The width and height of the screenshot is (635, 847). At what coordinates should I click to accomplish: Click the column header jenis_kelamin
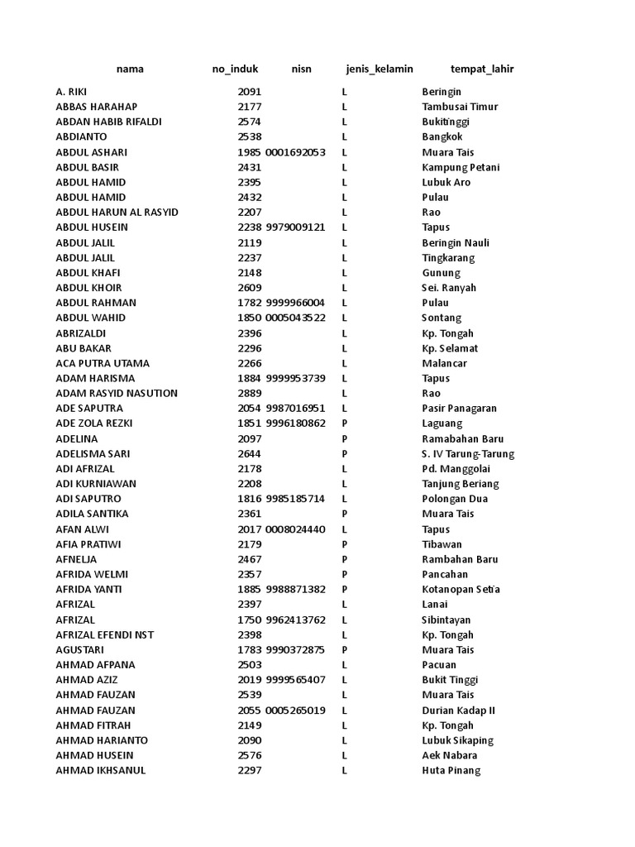[380, 69]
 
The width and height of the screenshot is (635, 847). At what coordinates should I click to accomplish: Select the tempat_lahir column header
[482, 69]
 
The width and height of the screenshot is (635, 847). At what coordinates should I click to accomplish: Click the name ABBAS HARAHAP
[97, 107]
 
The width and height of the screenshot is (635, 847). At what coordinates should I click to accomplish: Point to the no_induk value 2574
[250, 122]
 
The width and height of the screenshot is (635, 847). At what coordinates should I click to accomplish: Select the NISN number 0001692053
[295, 152]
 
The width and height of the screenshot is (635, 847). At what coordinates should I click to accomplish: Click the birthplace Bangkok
[442, 136]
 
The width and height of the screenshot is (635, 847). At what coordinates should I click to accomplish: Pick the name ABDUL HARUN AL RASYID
[117, 212]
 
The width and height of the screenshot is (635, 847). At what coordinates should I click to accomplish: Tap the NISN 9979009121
[295, 227]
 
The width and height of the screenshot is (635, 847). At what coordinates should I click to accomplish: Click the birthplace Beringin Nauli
[456, 242]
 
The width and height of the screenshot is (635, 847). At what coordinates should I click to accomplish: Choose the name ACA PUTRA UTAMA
[103, 363]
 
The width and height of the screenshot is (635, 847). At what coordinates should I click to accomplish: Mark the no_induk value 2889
[250, 393]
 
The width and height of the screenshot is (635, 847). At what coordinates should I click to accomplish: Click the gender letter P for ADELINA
[345, 438]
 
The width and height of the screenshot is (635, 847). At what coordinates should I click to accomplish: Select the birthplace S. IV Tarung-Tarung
[468, 453]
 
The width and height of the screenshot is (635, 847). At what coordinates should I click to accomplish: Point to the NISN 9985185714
[295, 499]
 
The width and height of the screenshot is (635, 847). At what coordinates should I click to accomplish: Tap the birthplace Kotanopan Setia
[461, 589]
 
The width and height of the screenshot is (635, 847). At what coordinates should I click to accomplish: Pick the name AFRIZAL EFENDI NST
[105, 634]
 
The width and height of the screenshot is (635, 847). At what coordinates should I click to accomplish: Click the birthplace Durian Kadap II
[458, 710]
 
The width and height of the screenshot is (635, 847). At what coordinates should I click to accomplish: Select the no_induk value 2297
[250, 770]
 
